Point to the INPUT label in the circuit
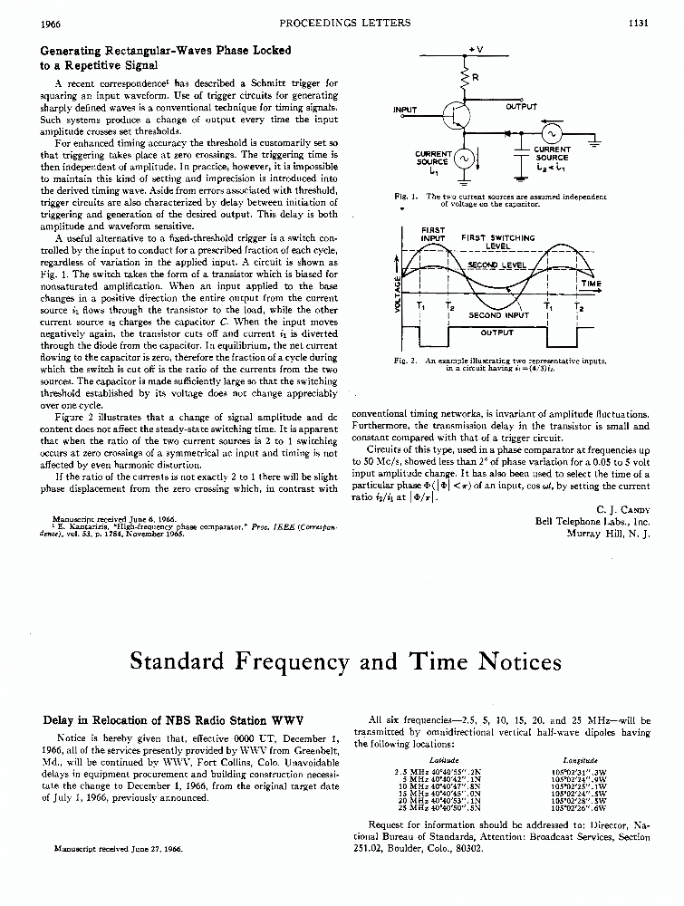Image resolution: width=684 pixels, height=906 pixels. point(405,110)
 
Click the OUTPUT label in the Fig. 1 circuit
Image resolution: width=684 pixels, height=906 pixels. point(521,106)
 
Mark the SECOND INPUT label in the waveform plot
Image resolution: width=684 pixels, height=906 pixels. point(498,315)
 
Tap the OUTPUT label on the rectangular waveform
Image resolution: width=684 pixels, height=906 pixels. point(496,333)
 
